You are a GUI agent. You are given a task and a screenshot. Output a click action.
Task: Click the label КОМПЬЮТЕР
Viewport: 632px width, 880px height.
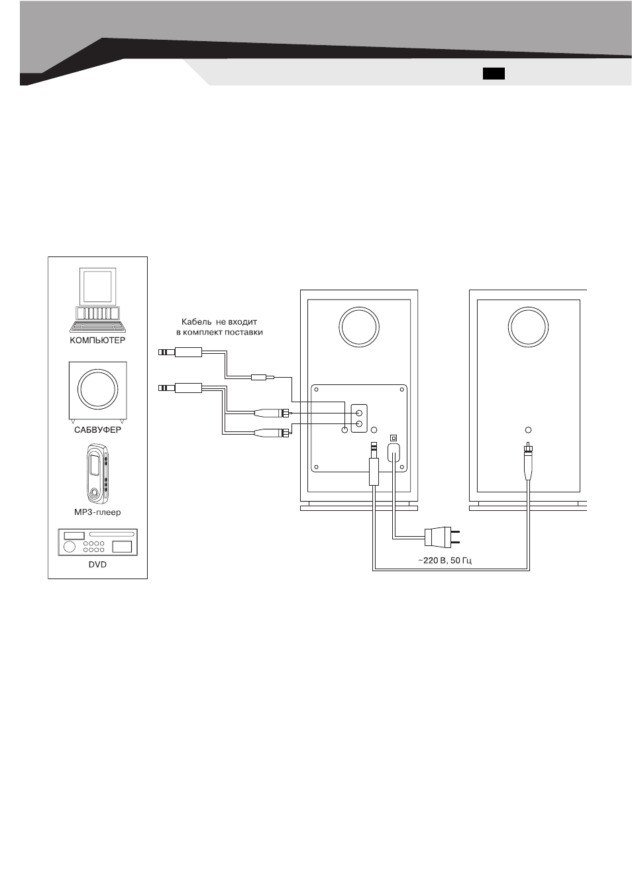(x=97, y=340)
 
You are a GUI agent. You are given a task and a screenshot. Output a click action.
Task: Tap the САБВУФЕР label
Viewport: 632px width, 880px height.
(x=97, y=430)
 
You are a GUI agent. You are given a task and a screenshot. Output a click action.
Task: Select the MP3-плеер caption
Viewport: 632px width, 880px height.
(x=97, y=512)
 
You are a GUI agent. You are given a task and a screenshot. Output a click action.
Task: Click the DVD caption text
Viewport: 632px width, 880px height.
(x=97, y=565)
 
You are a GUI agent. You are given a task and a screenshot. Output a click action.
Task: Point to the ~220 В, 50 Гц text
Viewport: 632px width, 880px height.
(x=445, y=560)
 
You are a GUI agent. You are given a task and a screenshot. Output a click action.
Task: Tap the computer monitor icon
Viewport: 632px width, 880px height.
(x=97, y=286)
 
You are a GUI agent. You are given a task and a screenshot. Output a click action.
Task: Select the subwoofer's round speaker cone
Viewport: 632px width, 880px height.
(x=98, y=389)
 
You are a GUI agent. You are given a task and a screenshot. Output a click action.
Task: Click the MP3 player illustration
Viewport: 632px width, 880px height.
(x=98, y=473)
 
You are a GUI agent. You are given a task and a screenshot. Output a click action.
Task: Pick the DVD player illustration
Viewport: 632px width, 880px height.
(x=98, y=542)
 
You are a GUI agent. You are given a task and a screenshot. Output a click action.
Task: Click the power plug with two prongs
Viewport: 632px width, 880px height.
(x=441, y=537)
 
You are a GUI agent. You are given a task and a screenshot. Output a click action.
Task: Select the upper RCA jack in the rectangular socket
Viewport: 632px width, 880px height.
(x=359, y=413)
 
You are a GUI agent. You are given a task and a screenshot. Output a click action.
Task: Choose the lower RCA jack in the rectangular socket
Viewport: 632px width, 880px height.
(x=359, y=424)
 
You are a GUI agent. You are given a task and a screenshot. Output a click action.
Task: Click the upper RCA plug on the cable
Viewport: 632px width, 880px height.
(x=272, y=413)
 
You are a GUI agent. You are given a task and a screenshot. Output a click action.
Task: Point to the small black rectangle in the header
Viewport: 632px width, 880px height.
(x=494, y=74)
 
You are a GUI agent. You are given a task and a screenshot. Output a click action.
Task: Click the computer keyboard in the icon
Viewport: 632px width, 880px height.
(x=98, y=327)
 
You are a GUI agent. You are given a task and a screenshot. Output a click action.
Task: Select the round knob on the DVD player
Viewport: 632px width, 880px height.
(x=70, y=547)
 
